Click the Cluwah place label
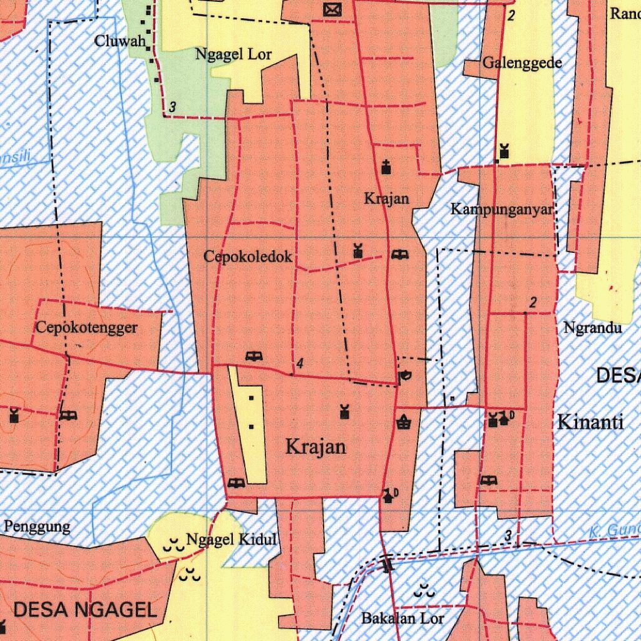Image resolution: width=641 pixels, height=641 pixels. (x=120, y=41)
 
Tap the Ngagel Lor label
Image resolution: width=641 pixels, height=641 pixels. (x=233, y=54)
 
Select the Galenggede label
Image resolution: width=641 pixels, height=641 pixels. (x=521, y=63)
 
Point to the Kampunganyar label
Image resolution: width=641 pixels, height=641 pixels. (x=502, y=210)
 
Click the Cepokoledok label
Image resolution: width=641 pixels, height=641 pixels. (x=248, y=257)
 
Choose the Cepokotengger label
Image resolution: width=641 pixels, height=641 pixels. (x=86, y=327)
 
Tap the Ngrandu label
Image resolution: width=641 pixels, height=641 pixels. (x=592, y=327)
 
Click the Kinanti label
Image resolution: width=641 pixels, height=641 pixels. (x=590, y=422)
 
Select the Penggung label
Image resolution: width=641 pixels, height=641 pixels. (x=37, y=526)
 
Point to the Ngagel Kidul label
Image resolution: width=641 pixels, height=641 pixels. (x=231, y=540)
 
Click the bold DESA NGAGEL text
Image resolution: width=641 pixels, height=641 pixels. (x=85, y=609)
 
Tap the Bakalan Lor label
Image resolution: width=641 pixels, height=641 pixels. (x=403, y=618)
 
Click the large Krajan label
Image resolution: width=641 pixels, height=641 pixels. (x=315, y=446)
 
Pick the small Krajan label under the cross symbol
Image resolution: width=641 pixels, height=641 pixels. (x=387, y=199)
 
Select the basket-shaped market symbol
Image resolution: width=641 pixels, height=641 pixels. (x=404, y=423)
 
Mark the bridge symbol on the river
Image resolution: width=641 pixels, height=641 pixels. (x=387, y=565)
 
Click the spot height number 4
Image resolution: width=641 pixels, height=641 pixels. (x=300, y=363)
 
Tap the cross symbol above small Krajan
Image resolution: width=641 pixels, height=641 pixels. (x=386, y=167)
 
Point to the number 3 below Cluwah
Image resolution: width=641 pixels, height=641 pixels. (x=172, y=108)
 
